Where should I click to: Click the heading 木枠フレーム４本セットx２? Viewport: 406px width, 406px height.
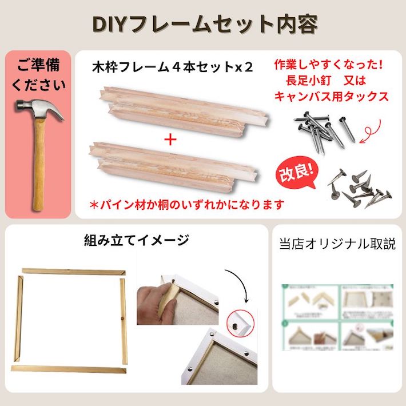pos(172,66)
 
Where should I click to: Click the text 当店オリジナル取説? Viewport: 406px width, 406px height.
pos(337,244)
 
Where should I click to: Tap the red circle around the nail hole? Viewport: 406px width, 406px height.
pos(234,324)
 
